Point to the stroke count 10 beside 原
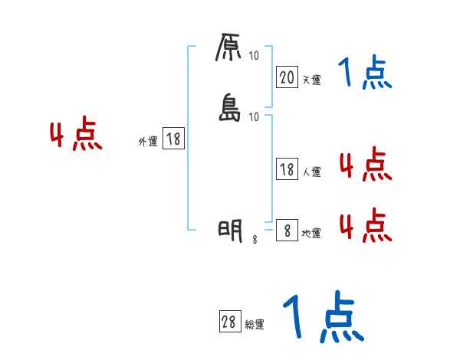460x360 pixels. (x=255, y=55)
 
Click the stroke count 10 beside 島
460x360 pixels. (x=255, y=116)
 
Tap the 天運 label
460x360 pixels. (x=311, y=80)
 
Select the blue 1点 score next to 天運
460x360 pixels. (x=365, y=74)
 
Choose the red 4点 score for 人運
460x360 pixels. (x=365, y=165)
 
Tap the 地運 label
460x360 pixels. (x=311, y=233)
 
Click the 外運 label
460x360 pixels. (x=148, y=142)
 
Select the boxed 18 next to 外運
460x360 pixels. (x=173, y=139)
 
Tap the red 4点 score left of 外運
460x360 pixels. (x=76, y=136)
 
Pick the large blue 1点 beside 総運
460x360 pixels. (x=322, y=317)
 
